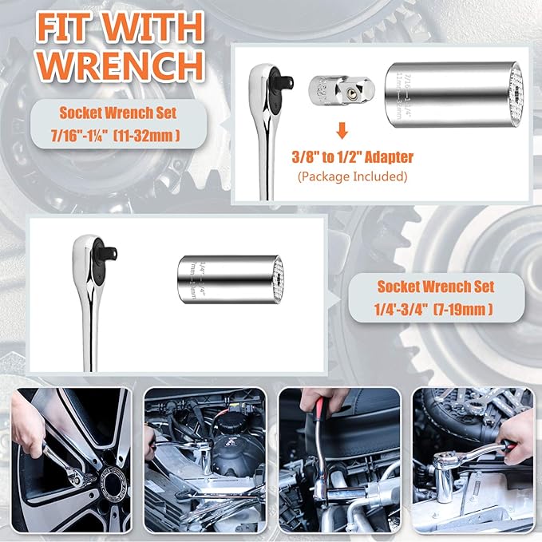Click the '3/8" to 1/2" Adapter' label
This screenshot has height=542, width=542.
pyautogui.click(x=353, y=156)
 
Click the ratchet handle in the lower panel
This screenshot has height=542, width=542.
pyautogui.click(x=89, y=327)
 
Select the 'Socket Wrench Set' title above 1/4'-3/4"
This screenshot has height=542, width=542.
pyautogui.click(x=434, y=286)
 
